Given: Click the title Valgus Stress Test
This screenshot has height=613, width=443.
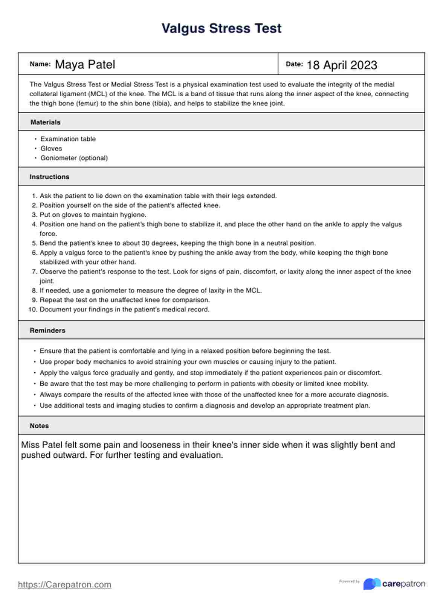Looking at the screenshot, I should tap(221, 29).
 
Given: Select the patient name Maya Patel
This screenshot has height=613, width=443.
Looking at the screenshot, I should tap(85, 65).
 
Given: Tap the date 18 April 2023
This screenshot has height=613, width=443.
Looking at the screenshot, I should tap(342, 65).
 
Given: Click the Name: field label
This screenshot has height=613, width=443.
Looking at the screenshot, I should tap(40, 64).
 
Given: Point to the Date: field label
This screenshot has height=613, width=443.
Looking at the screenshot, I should tap(294, 64).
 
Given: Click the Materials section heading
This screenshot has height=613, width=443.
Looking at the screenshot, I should tap(45, 122).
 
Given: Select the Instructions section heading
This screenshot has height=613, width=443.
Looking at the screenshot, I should tap(49, 177).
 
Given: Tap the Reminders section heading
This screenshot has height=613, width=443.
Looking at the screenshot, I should tap(47, 331).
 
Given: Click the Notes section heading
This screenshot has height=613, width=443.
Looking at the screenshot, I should tap(39, 426).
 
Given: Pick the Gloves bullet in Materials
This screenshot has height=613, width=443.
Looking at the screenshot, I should tap(51, 149).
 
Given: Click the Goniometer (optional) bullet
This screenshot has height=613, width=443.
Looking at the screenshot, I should tap(74, 158).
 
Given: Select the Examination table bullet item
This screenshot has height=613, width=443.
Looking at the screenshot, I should tap(68, 139).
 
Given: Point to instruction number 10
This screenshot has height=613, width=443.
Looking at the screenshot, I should tap(124, 310).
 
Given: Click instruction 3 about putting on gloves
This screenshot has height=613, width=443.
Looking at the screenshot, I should tap(93, 215).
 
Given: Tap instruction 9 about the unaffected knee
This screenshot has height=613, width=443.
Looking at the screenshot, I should tap(124, 300).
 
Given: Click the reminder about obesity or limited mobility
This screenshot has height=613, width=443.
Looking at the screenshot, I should tap(204, 384).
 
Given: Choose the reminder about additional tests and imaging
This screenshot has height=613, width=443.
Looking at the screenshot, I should tap(205, 405).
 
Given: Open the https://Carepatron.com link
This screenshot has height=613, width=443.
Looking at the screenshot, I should tap(64, 584).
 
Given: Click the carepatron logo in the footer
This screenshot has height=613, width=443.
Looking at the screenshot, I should tap(394, 584).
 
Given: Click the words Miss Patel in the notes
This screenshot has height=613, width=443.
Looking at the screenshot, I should tap(41, 445).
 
